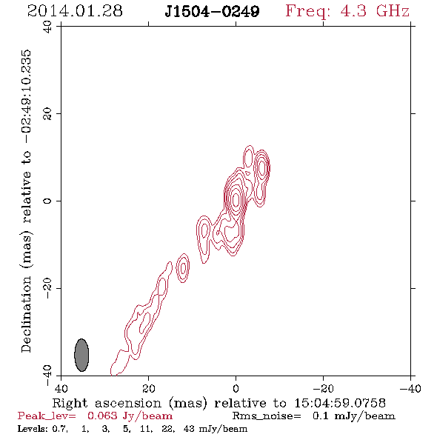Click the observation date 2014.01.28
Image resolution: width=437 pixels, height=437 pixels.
point(75,11)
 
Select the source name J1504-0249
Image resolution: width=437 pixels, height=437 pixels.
point(212,11)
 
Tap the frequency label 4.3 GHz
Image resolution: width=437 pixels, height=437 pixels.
point(375,11)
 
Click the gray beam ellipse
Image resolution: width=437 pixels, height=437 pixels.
point(81,355)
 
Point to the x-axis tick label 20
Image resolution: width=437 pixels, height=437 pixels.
point(148,388)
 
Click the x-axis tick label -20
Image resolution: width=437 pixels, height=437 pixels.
point(323,388)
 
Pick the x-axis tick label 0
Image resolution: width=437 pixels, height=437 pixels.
point(236,388)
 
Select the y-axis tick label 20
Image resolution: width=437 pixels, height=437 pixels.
point(47,114)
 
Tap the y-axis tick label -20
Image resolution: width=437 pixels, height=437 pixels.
point(47,288)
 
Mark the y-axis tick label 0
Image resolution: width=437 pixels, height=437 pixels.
point(47,201)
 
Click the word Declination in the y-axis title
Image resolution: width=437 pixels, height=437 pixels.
point(26,315)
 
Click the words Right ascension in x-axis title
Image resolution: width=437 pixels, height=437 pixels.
point(107,403)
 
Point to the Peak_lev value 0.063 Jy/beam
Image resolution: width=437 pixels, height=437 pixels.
point(130,416)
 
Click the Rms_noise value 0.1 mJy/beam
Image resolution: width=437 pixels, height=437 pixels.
point(353,416)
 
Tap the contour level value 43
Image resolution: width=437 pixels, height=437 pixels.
point(189,428)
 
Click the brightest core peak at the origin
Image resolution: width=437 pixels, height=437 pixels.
point(236,199)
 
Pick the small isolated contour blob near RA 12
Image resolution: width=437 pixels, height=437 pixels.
point(183,268)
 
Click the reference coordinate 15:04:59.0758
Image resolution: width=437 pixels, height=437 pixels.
point(340,403)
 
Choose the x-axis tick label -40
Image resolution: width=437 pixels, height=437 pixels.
point(410,388)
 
